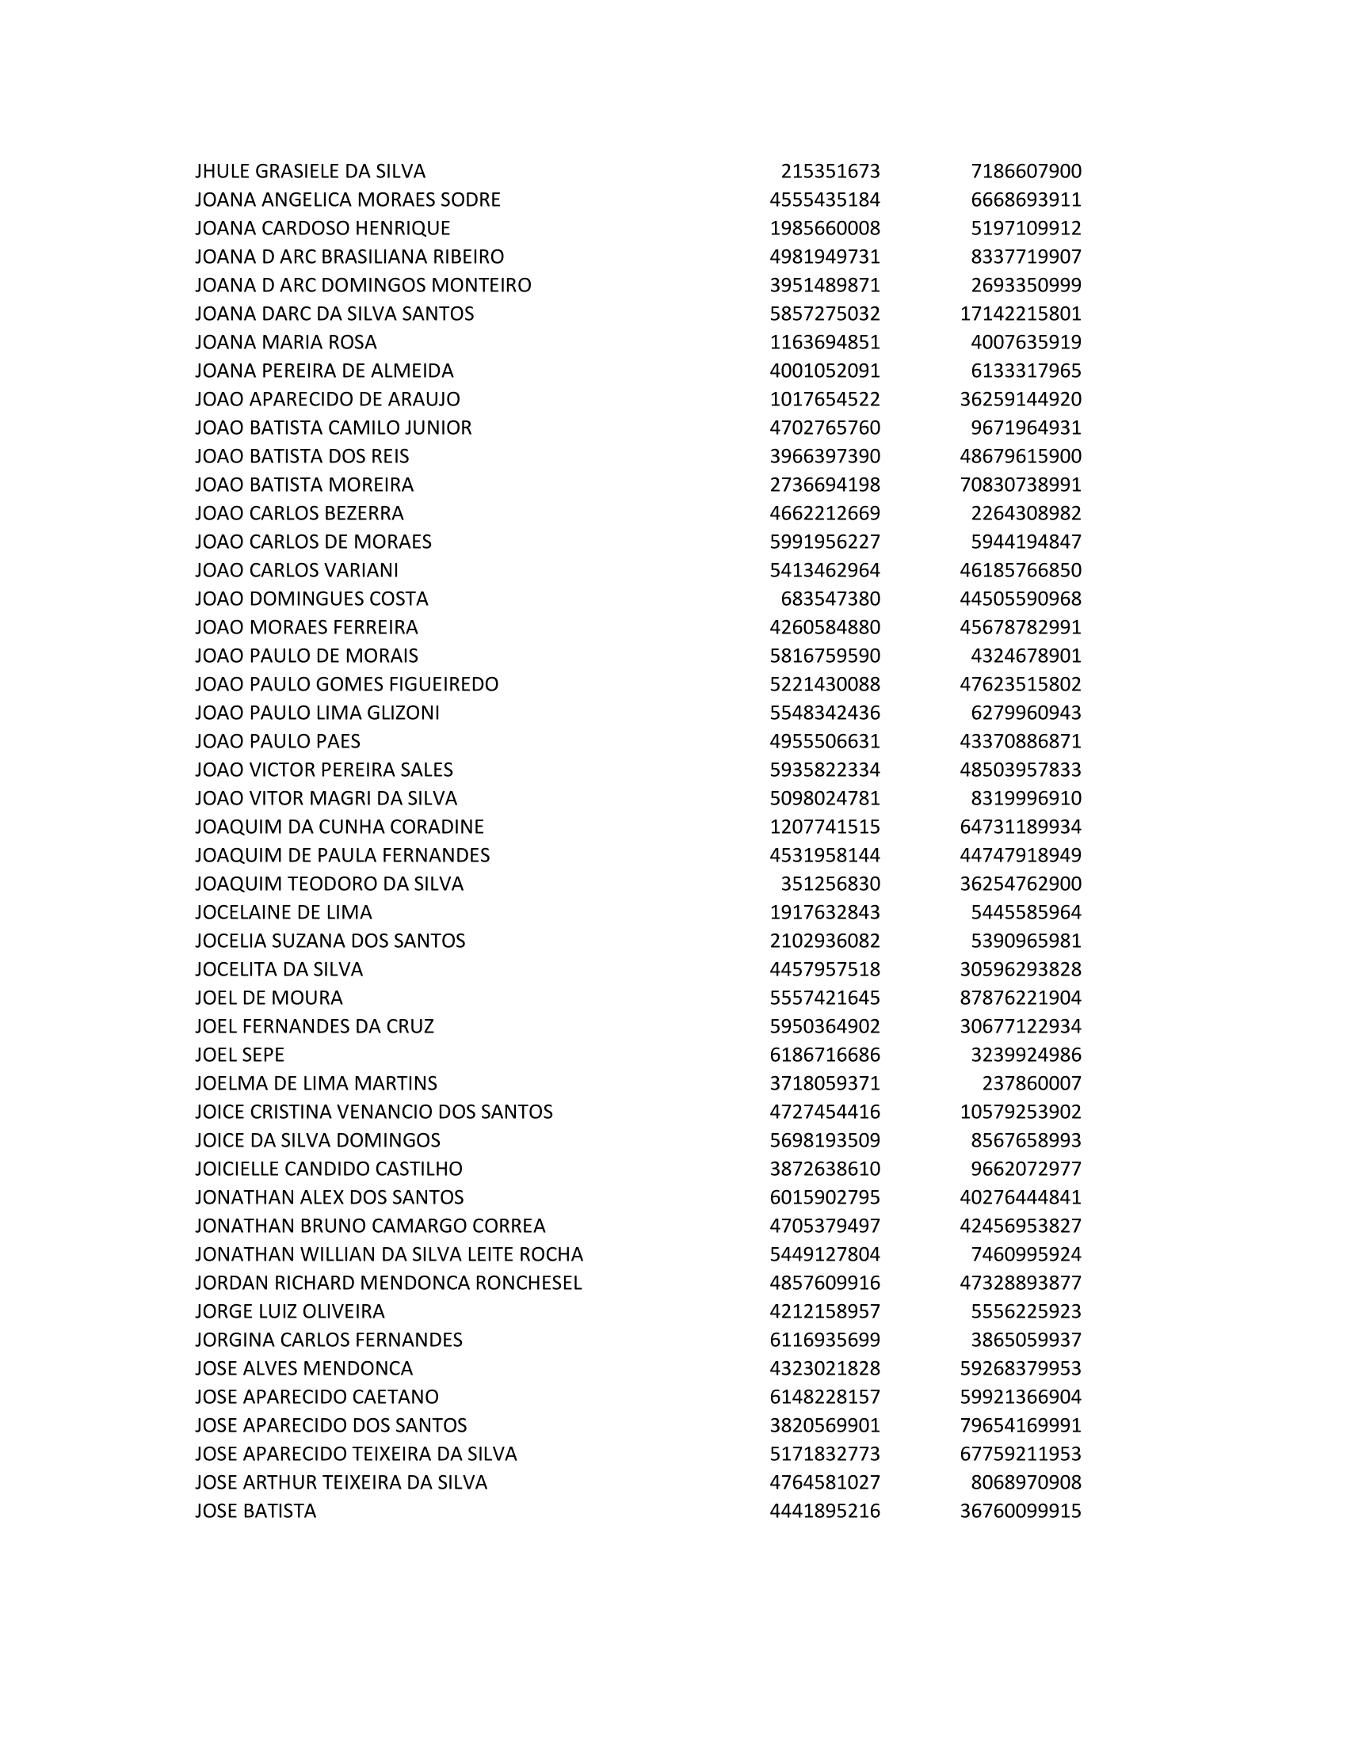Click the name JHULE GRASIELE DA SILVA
point(310,172)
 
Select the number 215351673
point(830,172)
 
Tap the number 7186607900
point(1025,172)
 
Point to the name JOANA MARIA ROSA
point(286,342)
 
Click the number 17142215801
point(1020,314)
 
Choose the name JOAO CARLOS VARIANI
point(296,570)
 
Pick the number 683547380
point(830,599)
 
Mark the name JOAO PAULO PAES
point(277,741)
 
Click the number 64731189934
point(1020,827)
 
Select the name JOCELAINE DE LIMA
point(284,911)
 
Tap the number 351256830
point(830,884)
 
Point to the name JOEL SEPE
point(239,1055)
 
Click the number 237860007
point(1031,1083)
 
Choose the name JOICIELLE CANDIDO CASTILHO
point(328,1169)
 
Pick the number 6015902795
point(824,1197)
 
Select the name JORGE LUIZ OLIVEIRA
point(290,1311)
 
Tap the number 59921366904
point(1020,1397)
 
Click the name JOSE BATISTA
point(255,1511)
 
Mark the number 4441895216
point(824,1511)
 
